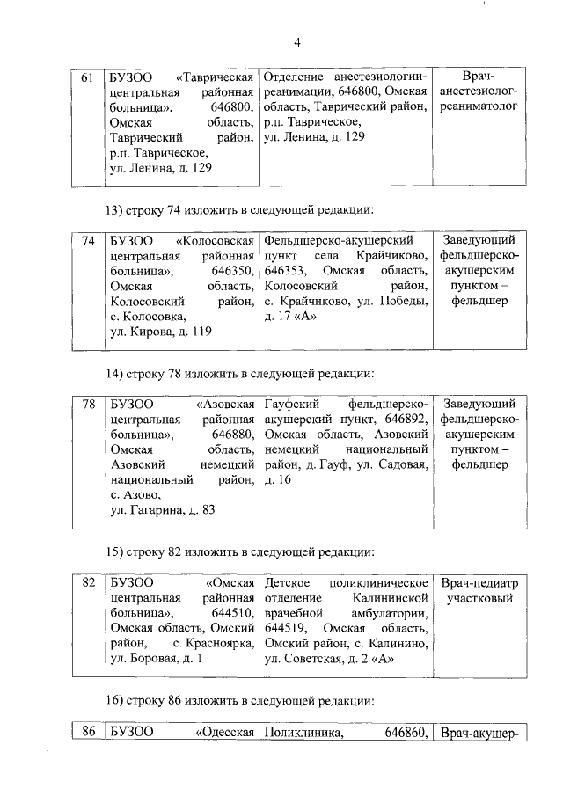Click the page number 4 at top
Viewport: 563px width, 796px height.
tap(297, 42)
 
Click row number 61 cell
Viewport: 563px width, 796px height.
tap(87, 78)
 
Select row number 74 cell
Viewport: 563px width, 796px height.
tap(87, 241)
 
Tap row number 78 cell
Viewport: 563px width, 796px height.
tap(87, 404)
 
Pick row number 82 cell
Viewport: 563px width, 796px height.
tap(87, 583)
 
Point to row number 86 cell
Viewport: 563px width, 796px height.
tap(87, 732)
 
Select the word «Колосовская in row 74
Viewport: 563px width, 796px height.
tap(215, 241)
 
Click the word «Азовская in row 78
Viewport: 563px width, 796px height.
tap(225, 404)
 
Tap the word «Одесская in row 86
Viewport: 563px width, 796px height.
tap(225, 732)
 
